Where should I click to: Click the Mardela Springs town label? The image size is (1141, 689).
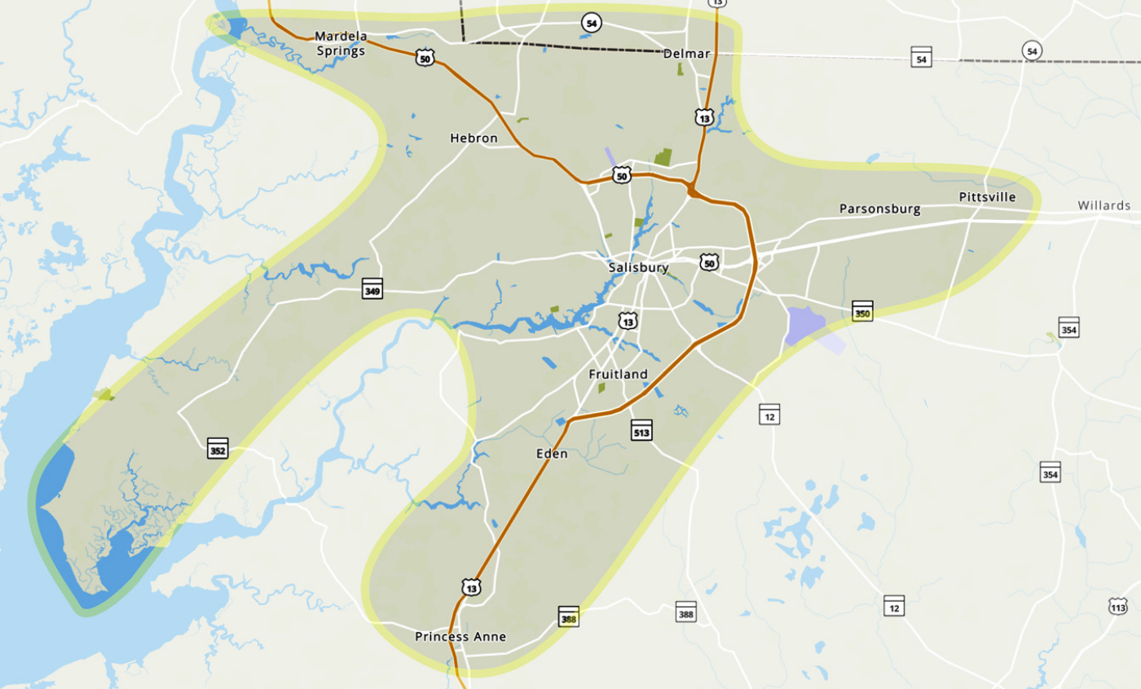[340, 42]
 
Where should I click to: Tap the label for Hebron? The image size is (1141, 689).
[474, 138]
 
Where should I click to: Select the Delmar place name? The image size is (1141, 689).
[687, 54]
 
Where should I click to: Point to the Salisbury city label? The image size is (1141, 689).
[638, 267]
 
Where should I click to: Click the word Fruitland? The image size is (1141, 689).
[618, 375]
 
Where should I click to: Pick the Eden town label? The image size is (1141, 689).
[552, 454]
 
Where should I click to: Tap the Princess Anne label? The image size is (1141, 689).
[460, 637]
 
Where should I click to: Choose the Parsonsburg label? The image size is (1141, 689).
[879, 209]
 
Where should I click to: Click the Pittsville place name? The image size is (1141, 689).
[987, 197]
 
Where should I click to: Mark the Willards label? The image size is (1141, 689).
[1104, 205]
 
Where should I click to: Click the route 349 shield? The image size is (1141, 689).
[372, 289]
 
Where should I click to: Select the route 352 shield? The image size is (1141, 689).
[218, 448]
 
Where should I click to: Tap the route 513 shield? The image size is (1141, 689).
[641, 431]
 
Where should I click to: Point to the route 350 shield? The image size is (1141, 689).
[863, 311]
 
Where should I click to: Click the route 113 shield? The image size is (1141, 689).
[1118, 606]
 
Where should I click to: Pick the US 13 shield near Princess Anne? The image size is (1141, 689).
[471, 587]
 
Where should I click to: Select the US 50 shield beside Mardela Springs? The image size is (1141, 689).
[424, 57]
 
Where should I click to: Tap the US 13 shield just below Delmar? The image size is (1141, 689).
[705, 117]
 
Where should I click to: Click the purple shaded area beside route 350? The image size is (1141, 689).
[806, 326]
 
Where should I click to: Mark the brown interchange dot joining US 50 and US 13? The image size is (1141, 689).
[692, 191]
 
